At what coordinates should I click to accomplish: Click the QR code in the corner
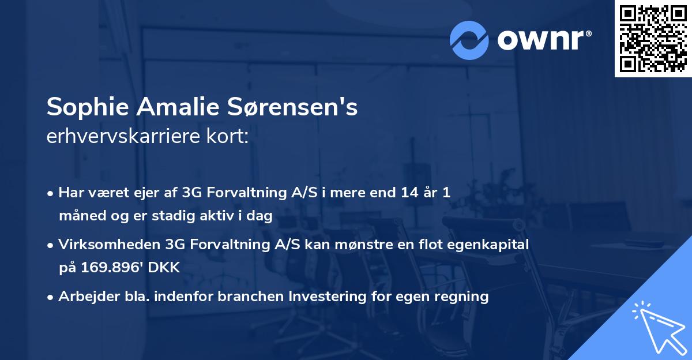653,39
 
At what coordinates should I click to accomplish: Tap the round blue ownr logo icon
470,39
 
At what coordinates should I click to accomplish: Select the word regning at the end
464,297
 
